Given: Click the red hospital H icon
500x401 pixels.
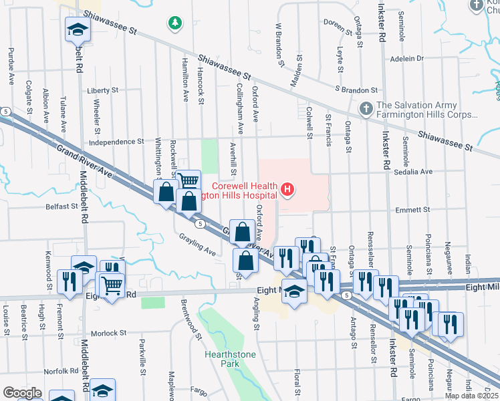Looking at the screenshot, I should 287,190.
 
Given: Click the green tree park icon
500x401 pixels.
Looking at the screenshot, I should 175,24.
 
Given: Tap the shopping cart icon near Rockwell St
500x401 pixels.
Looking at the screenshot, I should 189,180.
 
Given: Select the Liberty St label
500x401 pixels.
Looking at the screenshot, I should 102,90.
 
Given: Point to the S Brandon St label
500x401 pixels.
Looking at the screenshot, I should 356,90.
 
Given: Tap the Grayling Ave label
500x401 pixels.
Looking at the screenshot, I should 197,245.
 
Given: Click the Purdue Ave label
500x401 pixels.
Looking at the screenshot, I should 11,65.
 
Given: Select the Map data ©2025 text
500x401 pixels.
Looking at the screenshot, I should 471,396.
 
